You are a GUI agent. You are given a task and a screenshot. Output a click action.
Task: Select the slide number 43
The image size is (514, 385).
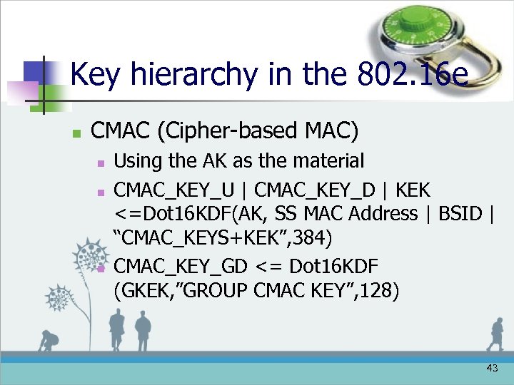tap(492, 368)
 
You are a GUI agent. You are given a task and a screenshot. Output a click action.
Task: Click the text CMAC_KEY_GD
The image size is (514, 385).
tap(181, 266)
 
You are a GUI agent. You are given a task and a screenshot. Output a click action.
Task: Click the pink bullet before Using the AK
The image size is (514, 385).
tap(101, 163)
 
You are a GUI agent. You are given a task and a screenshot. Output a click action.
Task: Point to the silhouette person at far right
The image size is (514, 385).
tap(494, 334)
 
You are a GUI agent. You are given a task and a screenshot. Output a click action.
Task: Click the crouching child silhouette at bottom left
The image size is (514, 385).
tap(49, 341)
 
